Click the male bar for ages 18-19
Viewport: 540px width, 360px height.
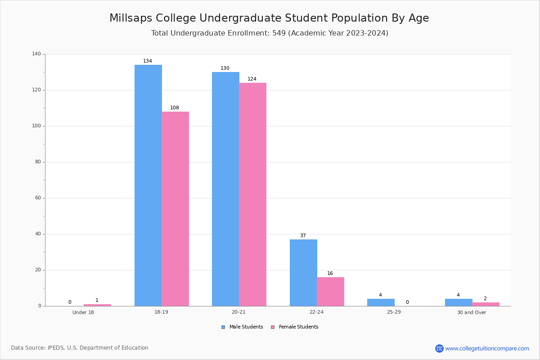148,185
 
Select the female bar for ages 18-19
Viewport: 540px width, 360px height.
175,209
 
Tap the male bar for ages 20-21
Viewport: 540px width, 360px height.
225,189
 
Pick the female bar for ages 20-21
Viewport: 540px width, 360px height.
252,194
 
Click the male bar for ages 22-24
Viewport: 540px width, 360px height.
303,273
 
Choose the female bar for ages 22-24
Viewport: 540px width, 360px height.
330,292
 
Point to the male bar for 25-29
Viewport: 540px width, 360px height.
381,302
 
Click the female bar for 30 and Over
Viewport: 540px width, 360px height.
486,304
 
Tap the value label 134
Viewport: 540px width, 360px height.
148,61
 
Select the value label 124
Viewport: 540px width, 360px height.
252,79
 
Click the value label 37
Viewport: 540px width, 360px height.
303,235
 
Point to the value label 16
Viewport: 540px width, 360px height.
330,273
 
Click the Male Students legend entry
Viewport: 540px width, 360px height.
242,327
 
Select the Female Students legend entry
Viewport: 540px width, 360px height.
295,327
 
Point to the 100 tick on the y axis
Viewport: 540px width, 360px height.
36,126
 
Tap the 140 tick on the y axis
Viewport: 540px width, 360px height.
36,54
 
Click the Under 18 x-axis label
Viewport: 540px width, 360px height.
83,312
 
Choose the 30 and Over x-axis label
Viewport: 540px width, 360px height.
472,312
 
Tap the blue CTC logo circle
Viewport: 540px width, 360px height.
439,348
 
